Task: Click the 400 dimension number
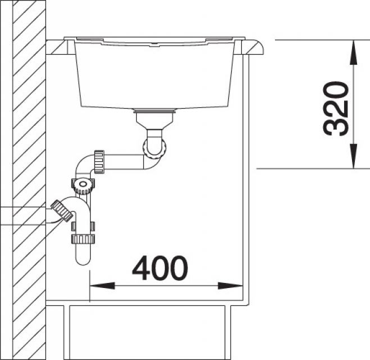pos(160,268)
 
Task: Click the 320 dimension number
pos(335,109)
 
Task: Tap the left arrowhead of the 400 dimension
pos(102,286)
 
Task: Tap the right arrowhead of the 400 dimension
pos(230,286)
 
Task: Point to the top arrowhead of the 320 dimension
pos(353,52)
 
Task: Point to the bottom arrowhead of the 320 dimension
pos(353,156)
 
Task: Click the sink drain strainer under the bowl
pos(155,110)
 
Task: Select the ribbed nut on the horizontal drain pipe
pos(99,161)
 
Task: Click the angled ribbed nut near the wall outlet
pos(62,210)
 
